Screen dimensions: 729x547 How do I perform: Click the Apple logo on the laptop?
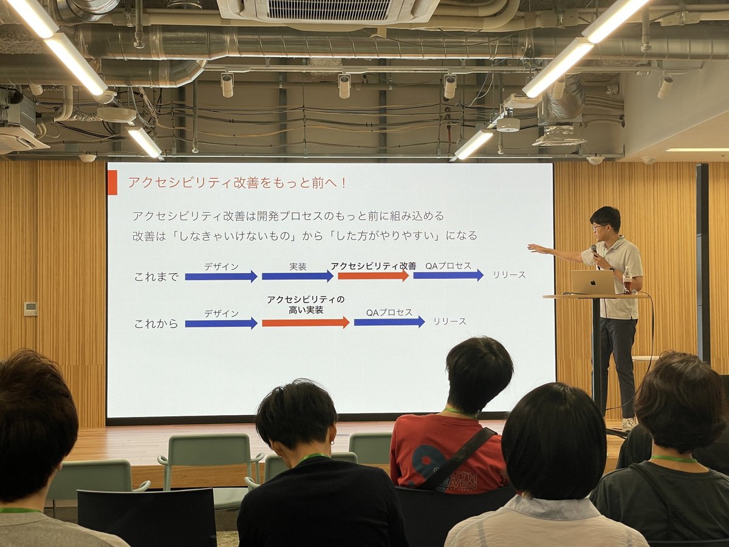tap(593, 283)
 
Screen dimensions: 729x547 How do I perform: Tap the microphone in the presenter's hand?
tap(594, 250)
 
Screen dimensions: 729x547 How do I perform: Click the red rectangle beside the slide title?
tap(112, 183)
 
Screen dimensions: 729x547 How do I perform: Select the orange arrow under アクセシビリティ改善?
tap(373, 276)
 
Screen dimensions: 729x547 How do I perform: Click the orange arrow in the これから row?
tap(306, 323)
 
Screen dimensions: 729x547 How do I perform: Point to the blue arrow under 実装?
tap(298, 277)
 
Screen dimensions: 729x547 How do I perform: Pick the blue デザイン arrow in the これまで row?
tap(221, 277)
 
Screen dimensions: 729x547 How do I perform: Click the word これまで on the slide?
tap(156, 277)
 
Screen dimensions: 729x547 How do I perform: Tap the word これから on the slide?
tap(156, 323)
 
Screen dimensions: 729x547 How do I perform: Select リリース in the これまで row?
tap(509, 275)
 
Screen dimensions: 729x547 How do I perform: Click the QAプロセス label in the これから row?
tap(389, 312)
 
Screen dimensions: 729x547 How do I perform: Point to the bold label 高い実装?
tap(306, 311)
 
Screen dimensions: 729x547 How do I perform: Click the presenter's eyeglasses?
tap(600, 227)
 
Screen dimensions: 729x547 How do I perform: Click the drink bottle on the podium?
tap(627, 280)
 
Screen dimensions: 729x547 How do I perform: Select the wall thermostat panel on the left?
tap(31, 309)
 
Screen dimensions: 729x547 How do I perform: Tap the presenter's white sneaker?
tap(628, 424)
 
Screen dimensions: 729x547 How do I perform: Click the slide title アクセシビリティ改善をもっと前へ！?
tap(238, 183)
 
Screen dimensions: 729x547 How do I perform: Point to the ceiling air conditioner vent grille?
tap(329, 9)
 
